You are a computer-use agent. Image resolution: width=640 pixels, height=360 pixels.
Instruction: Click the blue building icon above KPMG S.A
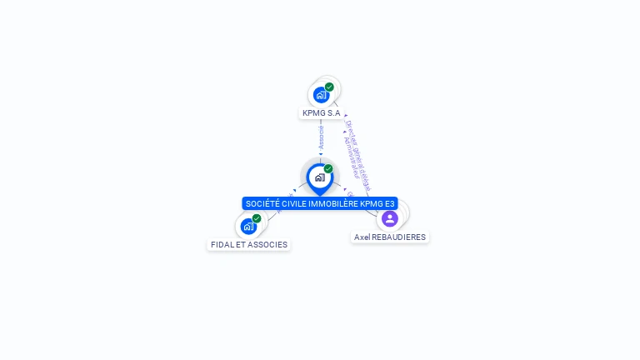point(321,95)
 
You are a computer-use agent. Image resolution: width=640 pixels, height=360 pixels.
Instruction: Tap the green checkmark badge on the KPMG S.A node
point(329,87)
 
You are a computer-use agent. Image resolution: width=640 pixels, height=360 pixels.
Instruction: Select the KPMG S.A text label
point(321,112)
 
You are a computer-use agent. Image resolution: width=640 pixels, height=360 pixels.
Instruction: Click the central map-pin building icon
point(319,177)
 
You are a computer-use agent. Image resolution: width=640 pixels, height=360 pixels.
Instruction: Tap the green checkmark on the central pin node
point(328,168)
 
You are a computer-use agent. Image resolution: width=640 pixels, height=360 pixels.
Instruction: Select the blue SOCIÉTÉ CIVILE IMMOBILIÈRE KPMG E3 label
point(320,203)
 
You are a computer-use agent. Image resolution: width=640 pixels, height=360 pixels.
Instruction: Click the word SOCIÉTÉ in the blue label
point(262,203)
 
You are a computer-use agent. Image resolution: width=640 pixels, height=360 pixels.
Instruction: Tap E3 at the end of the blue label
point(389,203)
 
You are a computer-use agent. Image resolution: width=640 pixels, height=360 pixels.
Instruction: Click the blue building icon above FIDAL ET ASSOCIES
point(248,227)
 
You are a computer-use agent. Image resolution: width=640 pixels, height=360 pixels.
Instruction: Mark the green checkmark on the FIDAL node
point(257,218)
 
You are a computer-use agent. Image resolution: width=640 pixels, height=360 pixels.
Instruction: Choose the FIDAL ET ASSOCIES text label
point(249,245)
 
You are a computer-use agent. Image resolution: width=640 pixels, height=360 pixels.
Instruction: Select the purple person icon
point(389,218)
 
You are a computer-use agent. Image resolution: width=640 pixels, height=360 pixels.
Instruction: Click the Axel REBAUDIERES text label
point(390,237)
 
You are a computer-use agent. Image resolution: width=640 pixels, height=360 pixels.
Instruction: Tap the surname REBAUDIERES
point(399,237)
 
